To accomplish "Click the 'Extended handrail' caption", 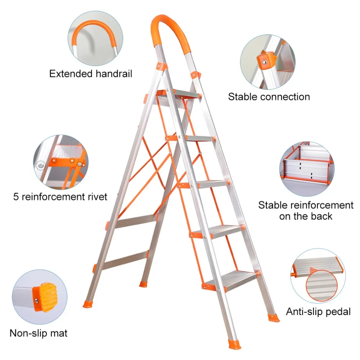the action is click(x=91, y=74).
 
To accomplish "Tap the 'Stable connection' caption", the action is click(x=269, y=97).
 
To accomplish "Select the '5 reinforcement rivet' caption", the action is click(x=60, y=197).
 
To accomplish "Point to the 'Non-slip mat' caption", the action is click(x=39, y=333).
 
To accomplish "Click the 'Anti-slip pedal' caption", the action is click(x=318, y=311).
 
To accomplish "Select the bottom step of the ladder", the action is click(x=232, y=280).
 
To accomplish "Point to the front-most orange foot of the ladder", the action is click(x=234, y=344).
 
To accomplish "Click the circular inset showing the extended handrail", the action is click(x=95, y=39).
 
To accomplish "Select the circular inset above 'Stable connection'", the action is click(x=268, y=62).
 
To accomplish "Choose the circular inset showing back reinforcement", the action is click(x=307, y=169).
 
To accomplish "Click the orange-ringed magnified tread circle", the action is click(x=321, y=285).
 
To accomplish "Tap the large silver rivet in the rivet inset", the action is click(x=41, y=165).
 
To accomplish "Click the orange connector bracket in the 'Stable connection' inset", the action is click(x=265, y=60).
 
